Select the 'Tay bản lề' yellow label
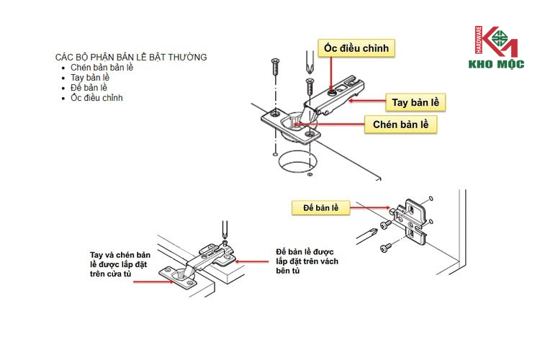click(414, 102)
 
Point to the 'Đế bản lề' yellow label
click(320, 208)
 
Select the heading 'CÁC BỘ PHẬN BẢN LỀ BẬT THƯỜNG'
click(130, 56)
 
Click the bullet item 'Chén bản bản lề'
click(102, 67)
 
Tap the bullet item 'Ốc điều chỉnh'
click(96, 97)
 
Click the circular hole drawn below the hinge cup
click(297, 163)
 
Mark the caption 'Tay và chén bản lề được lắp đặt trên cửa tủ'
click(120, 265)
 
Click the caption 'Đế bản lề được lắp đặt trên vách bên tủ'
click(307, 261)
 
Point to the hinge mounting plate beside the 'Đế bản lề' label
click(411, 219)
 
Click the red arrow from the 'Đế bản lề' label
click(372, 210)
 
